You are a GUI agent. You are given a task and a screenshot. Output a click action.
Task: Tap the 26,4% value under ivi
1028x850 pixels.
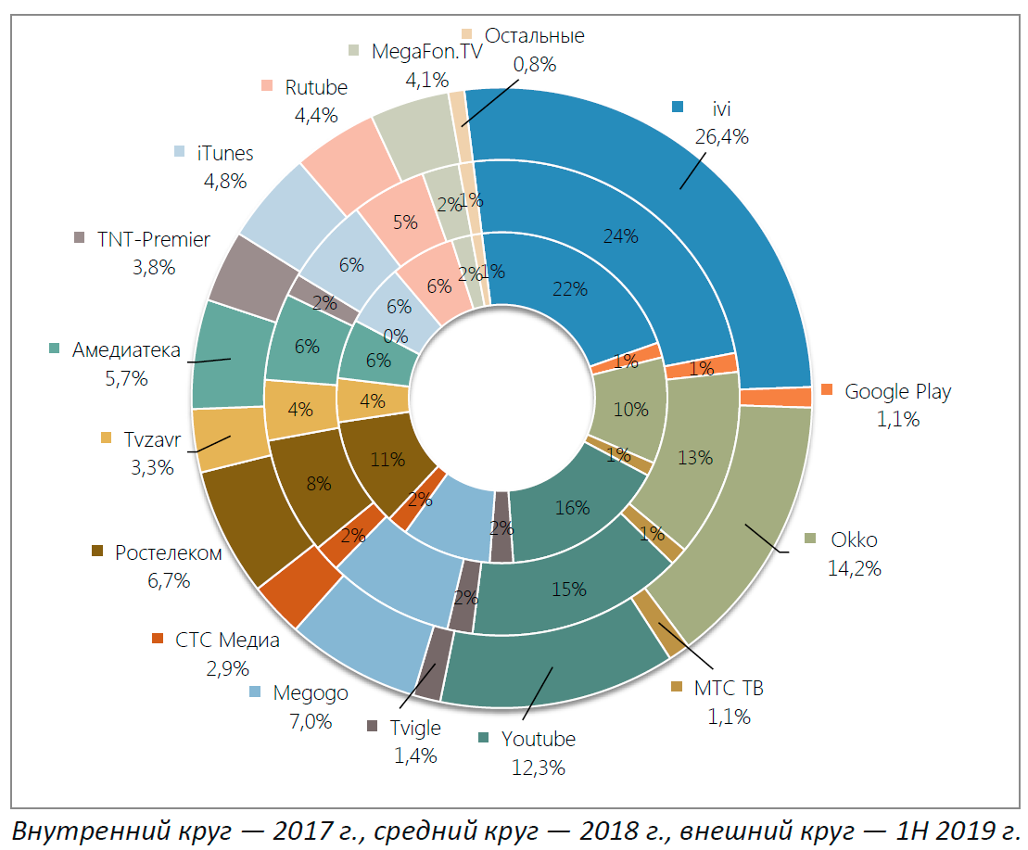tap(721, 137)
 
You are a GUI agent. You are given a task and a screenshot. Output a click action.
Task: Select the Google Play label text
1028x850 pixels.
tap(897, 391)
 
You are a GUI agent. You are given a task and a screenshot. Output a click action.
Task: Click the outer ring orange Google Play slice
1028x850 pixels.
tap(801, 398)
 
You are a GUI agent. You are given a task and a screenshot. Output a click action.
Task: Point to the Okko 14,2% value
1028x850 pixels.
tap(854, 568)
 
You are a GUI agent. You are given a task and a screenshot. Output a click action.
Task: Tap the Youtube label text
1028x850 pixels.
tap(538, 739)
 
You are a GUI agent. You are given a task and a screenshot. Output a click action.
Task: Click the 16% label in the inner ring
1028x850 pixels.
tap(572, 507)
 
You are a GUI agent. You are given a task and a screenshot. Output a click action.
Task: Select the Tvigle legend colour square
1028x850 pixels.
tap(373, 726)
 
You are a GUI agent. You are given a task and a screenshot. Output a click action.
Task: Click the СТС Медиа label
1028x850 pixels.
tap(227, 640)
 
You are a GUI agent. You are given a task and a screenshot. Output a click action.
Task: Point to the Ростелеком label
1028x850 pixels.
tap(169, 553)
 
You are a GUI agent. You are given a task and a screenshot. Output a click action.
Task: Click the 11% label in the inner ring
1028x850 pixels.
tap(387, 459)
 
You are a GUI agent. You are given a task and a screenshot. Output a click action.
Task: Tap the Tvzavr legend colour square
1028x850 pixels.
tap(105, 438)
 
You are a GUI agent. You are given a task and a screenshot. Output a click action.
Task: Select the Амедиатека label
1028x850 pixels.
tap(126, 349)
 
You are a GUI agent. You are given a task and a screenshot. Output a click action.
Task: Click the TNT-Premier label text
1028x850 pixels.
tap(154, 240)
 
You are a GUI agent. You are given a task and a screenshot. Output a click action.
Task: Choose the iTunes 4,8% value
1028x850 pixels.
tap(225, 181)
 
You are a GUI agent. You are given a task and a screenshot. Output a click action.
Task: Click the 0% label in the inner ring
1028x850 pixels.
tap(396, 336)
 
